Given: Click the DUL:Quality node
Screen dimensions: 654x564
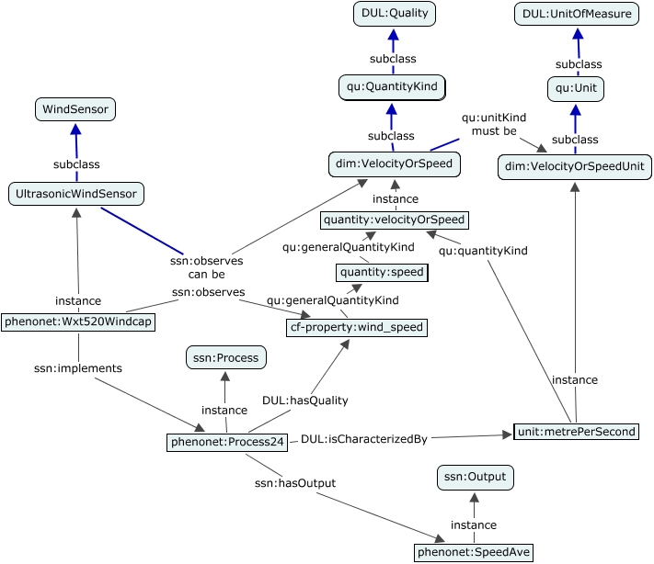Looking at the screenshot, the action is coord(395,14).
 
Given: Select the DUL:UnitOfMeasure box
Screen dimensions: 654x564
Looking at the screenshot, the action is coord(577,14).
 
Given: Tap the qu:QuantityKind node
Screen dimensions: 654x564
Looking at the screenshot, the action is coord(392,87).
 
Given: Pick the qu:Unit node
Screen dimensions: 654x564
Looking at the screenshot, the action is coord(576,89).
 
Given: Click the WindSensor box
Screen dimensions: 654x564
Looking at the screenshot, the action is coord(75,109).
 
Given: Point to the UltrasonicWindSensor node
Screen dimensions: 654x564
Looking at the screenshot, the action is coord(76,194).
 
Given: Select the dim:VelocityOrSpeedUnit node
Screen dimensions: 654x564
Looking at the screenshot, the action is coord(575,167).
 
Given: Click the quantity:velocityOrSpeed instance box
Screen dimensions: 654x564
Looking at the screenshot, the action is coord(395,220).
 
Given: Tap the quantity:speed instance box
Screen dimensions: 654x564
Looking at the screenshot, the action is coord(382,273).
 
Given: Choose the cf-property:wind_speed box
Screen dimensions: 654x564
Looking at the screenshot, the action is coord(357,327).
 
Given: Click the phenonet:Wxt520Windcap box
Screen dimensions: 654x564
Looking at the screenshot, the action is coord(78,322).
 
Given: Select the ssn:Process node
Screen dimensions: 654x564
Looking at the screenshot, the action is coord(226,357).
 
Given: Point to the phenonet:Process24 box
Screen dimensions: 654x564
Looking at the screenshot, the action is coord(227,442).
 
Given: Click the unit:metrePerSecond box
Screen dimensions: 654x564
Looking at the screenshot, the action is coord(577,432).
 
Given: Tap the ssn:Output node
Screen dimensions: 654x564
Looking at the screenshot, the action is coord(476,478).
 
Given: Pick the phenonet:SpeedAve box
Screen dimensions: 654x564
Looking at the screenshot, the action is coord(474,552).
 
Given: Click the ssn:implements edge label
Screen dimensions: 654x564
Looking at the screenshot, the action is coord(78,368).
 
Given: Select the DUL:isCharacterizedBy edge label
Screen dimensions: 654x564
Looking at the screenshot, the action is coord(364,439).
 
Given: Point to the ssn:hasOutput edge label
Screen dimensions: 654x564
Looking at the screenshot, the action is coord(295,483).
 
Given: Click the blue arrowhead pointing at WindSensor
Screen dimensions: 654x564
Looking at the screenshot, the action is coord(76,130).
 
